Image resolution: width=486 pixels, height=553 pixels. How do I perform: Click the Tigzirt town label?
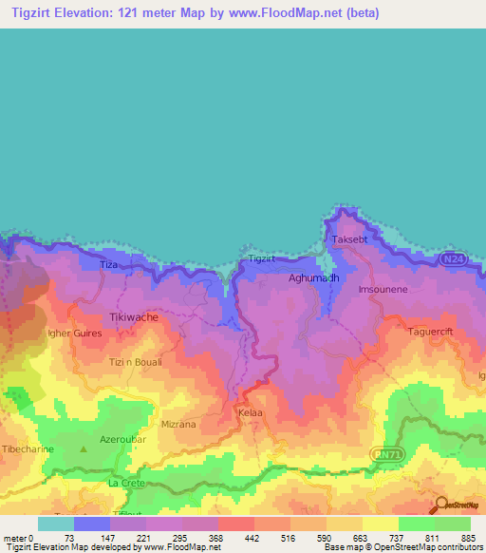[261, 257]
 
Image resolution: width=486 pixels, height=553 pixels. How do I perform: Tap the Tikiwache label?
[134, 317]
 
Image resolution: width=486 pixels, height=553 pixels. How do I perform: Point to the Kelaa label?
[251, 414]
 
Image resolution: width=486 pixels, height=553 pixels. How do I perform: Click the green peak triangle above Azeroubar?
[84, 446]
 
